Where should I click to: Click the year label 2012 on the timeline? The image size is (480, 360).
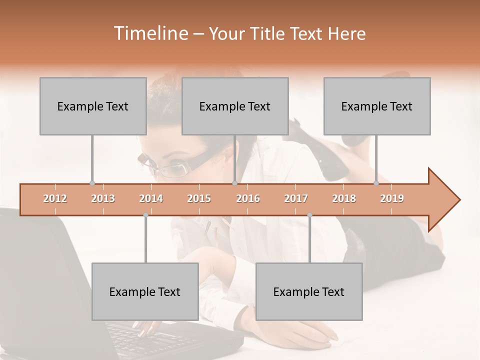pos(55,198)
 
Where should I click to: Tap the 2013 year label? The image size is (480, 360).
pos(103,198)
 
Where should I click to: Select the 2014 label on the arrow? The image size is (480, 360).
pos(151,198)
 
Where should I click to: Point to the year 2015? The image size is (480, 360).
pos(199,198)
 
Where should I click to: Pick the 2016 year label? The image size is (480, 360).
pos(248,198)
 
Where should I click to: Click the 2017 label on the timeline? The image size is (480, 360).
pos(296,198)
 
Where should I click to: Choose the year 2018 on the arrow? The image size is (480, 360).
pos(344,198)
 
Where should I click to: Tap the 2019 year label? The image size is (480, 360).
pos(392,198)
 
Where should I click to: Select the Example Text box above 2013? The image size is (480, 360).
pos(93,106)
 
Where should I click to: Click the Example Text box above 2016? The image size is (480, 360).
pos(235,106)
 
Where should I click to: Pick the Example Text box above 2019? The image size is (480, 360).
pos(377,106)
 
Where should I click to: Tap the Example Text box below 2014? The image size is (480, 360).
pos(145,291)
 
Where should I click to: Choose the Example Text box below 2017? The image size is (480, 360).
pos(309,291)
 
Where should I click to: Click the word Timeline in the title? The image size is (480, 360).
pos(149,33)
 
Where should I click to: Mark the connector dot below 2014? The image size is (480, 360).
pos(145,215)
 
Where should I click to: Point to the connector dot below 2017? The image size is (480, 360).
pos(309,215)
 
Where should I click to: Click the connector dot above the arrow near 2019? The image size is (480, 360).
pos(376,183)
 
